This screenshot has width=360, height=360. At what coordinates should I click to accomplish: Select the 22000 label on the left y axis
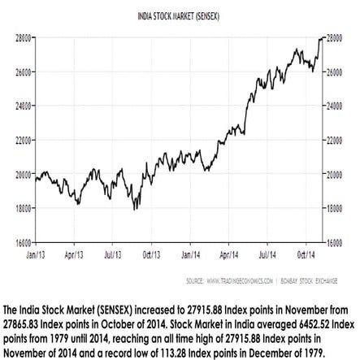click(x=22, y=141)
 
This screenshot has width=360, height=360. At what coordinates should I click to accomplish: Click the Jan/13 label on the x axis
click(x=37, y=254)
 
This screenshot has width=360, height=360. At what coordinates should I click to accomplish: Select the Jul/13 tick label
click(x=113, y=254)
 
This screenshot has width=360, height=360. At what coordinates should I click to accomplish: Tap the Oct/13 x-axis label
click(x=151, y=254)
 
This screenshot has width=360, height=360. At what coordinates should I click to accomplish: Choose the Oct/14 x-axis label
click(x=302, y=254)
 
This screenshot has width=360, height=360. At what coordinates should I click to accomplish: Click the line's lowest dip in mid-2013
click(x=135, y=210)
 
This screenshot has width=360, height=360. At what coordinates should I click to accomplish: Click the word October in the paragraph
click(x=125, y=321)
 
